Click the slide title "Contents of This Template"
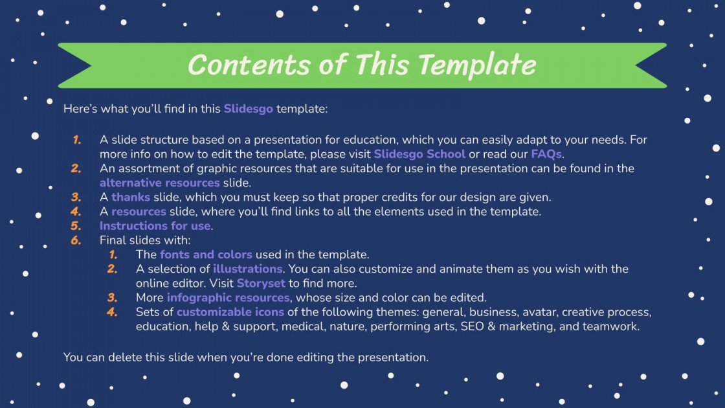click(x=361, y=65)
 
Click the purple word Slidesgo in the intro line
click(x=249, y=109)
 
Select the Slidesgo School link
click(x=419, y=154)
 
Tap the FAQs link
click(x=546, y=154)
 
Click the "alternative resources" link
click(x=159, y=183)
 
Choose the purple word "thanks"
click(x=131, y=197)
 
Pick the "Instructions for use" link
click(x=155, y=225)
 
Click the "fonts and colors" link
click(x=206, y=254)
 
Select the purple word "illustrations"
click(x=247, y=268)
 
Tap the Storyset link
click(x=262, y=283)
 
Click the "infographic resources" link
click(x=228, y=298)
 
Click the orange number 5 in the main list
click(x=76, y=225)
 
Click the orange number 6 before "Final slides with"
click(x=76, y=240)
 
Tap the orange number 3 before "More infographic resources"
click(x=113, y=298)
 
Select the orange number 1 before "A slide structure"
click(x=77, y=140)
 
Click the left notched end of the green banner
click(x=74, y=65)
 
